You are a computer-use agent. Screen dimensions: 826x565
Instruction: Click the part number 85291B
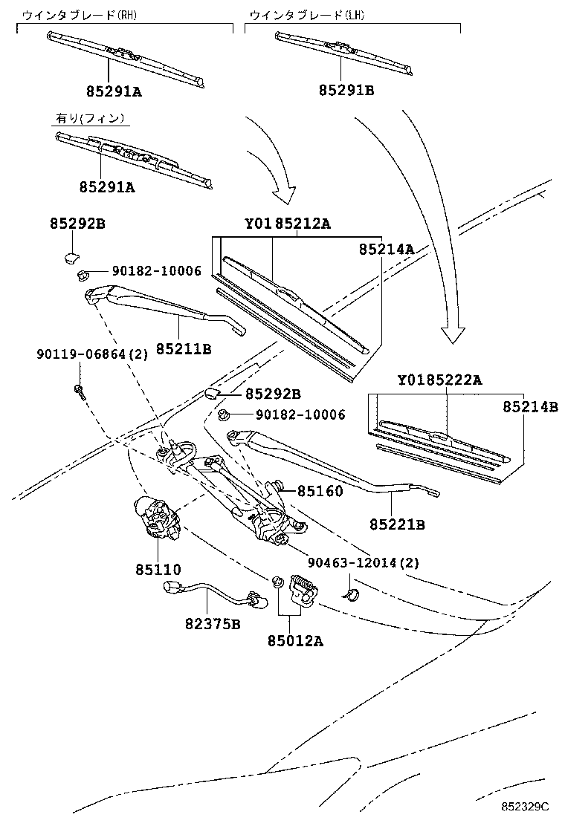[346, 91]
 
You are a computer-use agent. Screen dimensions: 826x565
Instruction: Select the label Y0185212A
[287, 224]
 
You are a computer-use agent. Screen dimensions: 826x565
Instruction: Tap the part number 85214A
[386, 250]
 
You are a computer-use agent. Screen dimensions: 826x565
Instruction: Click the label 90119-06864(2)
[91, 354]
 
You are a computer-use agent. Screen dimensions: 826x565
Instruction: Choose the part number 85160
[320, 491]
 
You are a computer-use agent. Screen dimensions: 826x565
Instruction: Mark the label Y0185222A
[439, 380]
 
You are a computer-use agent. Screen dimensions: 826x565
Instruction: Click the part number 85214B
[529, 406]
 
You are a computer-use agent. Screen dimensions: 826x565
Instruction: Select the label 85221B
[397, 524]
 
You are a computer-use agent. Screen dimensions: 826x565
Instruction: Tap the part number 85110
[158, 570]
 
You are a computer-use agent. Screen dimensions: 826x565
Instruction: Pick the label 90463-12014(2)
[364, 563]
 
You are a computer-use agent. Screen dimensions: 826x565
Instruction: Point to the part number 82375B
[213, 624]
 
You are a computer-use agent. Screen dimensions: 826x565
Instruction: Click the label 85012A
[296, 640]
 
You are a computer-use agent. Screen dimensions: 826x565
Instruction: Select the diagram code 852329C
[523, 806]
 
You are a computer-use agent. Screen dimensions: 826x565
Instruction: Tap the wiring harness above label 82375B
[213, 594]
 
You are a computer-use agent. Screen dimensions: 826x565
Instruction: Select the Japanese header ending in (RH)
[80, 14]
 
